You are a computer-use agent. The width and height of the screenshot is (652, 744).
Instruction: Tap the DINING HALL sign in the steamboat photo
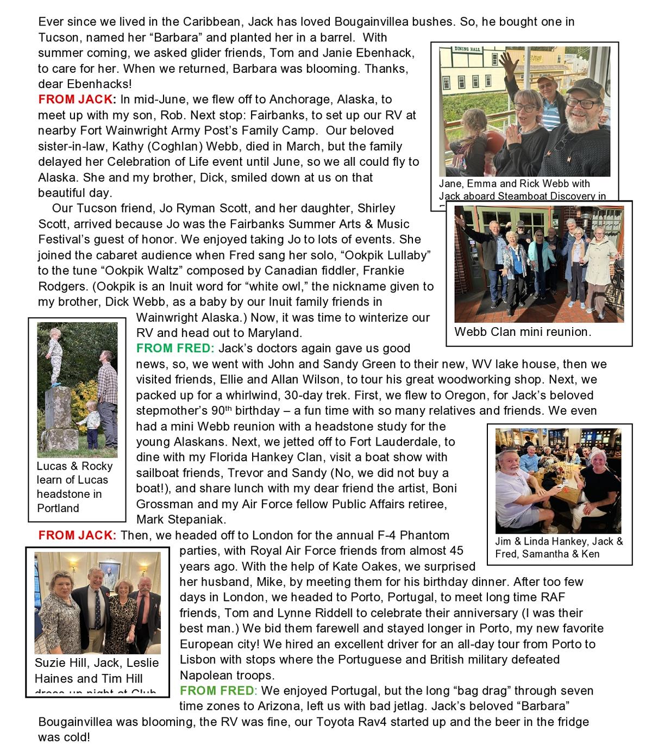(467, 49)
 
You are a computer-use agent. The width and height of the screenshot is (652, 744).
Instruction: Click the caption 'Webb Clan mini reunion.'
(522, 332)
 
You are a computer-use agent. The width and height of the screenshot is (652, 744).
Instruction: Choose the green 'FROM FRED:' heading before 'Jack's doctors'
(175, 348)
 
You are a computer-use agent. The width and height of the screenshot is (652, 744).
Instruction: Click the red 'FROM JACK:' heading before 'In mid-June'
(77, 99)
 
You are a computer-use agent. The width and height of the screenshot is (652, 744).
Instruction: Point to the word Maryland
(274, 333)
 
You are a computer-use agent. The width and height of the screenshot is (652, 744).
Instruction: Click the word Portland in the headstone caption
(58, 508)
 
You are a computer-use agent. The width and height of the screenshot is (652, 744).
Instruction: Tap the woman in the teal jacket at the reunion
(540, 255)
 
